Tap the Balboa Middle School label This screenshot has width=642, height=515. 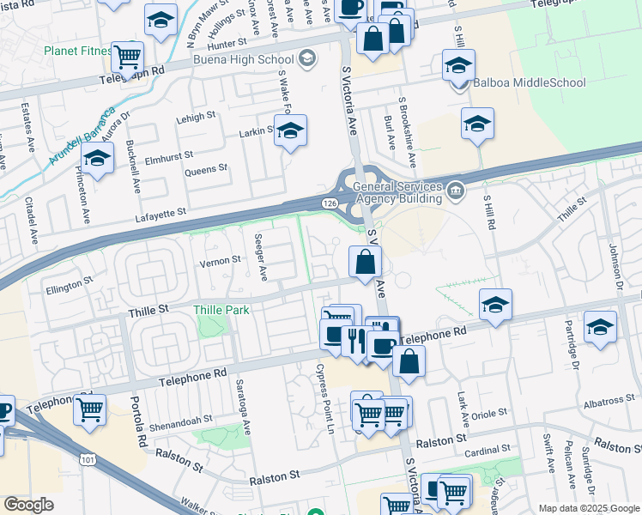529,83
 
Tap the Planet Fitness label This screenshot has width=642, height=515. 78,51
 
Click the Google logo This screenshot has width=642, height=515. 28,505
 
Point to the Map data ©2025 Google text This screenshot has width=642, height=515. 588,508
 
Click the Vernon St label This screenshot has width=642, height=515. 221,260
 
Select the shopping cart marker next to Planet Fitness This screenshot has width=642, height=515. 128,58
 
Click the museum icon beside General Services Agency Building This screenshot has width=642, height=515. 457,191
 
